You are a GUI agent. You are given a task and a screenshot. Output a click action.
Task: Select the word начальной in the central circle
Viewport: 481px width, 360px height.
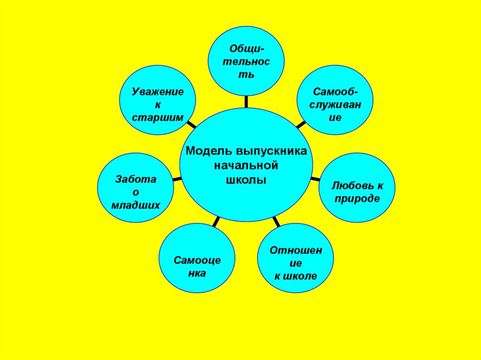click(246, 166)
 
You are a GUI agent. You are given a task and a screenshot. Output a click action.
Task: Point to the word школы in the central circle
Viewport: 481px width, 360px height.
click(246, 180)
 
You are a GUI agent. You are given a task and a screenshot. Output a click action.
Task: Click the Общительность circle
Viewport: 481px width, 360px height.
click(246, 61)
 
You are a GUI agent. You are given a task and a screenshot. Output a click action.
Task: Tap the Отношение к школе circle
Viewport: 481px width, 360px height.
click(296, 263)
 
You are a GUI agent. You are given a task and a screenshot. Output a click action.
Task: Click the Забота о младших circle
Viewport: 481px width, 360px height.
click(135, 191)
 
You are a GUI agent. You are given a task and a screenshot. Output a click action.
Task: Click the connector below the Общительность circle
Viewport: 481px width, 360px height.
click(246, 101)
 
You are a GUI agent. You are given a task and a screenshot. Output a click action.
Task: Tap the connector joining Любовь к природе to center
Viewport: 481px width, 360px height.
click(316, 178)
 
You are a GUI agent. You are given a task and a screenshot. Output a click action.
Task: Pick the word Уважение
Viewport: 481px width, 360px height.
click(157, 92)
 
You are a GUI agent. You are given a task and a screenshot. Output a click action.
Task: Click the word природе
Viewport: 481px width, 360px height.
click(357, 199)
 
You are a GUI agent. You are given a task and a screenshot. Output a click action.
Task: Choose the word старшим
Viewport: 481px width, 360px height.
click(157, 117)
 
